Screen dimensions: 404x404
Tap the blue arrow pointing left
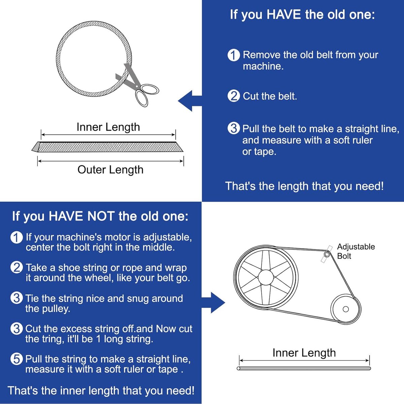[190, 101]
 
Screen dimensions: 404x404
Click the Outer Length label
[110, 170]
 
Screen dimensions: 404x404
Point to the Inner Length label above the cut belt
[108, 127]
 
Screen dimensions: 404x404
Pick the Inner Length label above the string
[304, 352]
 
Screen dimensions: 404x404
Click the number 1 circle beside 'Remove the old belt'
[234, 55]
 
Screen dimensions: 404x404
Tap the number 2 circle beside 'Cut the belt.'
[234, 96]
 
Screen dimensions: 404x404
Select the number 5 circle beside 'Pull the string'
[16, 359]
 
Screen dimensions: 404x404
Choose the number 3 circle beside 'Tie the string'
[16, 298]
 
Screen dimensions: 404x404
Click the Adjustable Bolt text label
[356, 251]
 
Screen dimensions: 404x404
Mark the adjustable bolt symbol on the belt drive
[327, 254]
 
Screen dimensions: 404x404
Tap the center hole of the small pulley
[346, 309]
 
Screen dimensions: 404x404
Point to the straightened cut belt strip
[107, 147]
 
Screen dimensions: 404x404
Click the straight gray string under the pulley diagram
[304, 368]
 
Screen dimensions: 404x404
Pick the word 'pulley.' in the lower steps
[47, 309]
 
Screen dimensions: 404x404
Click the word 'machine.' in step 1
[263, 66]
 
